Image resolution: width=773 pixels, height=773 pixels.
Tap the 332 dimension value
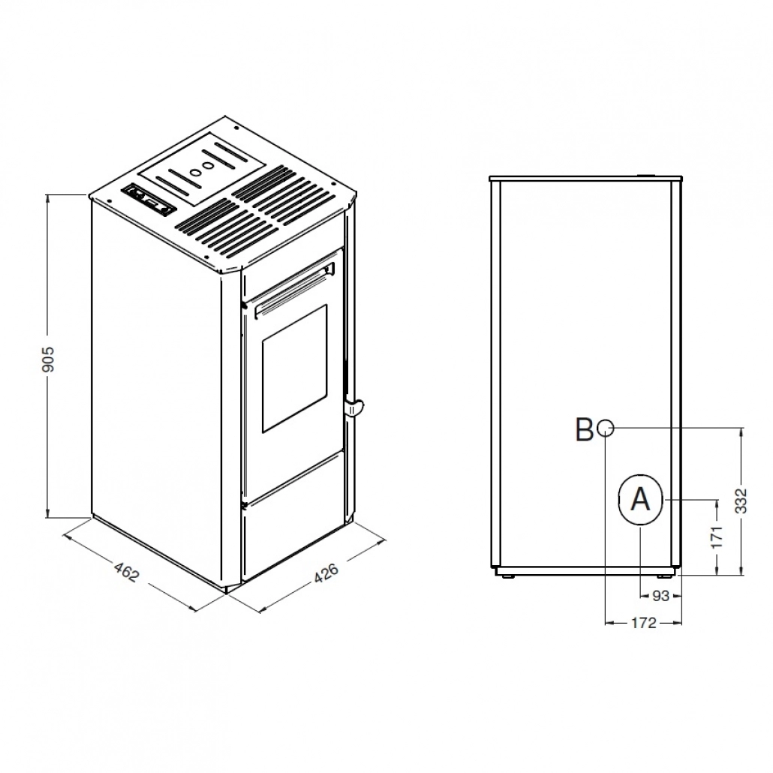(741, 501)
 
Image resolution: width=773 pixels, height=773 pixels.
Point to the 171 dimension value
(716, 537)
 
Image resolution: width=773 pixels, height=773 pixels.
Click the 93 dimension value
(660, 596)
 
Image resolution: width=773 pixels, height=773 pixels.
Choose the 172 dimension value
(644, 622)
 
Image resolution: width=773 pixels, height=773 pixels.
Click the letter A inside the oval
(639, 499)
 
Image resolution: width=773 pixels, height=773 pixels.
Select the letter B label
(584, 430)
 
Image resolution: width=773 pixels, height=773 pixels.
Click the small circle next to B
(606, 429)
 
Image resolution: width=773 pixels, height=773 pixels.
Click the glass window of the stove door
(294, 368)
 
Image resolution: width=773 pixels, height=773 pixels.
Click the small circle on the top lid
(197, 171)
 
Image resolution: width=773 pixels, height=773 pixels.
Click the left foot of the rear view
(507, 576)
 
